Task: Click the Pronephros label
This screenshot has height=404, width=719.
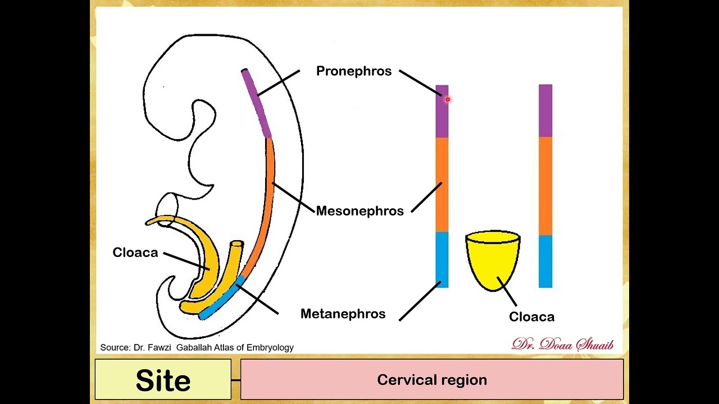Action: click(353, 71)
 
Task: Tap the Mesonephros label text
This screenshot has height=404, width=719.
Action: click(359, 211)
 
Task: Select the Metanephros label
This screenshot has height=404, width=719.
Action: click(343, 314)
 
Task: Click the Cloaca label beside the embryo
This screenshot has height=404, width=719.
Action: click(135, 252)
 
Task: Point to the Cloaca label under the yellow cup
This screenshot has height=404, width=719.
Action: click(531, 317)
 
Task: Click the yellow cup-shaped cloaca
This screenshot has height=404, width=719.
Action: click(493, 258)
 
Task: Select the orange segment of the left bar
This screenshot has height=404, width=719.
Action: click(442, 185)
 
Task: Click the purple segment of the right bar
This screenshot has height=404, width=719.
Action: click(545, 111)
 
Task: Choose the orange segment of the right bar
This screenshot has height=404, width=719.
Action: click(545, 185)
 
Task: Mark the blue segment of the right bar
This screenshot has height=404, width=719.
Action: click(545, 261)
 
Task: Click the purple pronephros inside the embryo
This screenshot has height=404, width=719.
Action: click(256, 104)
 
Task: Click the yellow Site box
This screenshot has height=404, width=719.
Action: click(163, 380)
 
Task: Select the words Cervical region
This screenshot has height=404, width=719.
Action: click(431, 380)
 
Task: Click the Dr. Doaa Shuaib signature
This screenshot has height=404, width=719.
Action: click(562, 345)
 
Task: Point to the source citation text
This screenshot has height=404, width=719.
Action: click(197, 348)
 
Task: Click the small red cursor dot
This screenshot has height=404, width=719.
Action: click(448, 99)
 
